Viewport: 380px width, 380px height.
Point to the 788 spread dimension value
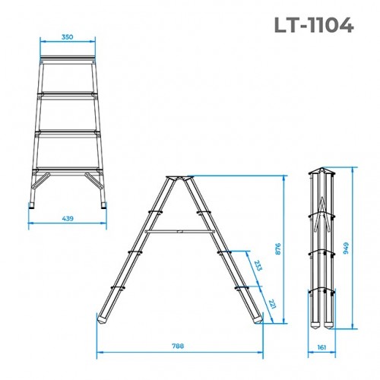click(179, 347)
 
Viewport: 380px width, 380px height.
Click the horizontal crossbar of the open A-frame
click(179, 229)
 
